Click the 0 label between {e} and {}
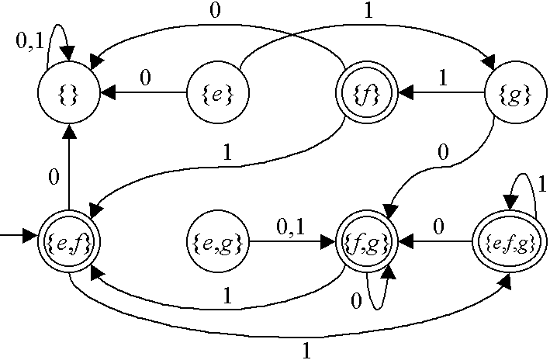(144, 78)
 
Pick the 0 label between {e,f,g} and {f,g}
(438, 228)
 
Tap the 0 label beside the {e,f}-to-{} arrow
(54, 178)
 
